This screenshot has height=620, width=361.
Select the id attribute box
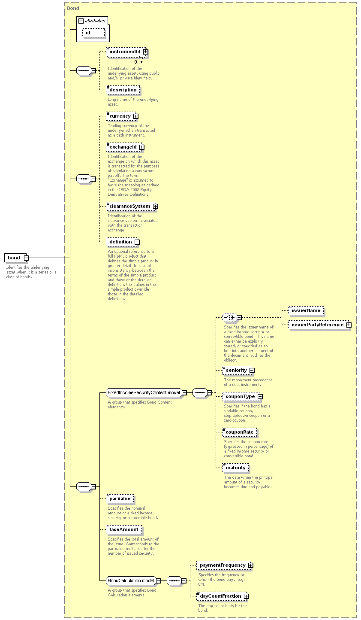coord(94,33)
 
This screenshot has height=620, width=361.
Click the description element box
coord(123,90)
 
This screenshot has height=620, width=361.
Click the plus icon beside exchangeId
coord(142,147)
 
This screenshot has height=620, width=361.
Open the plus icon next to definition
coord(137,242)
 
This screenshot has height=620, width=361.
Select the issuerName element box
coord(306,310)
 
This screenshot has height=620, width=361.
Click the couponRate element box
coord(240,432)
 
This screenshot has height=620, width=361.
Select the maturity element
coord(235,468)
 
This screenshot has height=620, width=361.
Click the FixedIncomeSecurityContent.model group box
coord(144,392)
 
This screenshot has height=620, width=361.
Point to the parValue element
coord(120,499)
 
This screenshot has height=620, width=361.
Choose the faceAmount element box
coord(124,529)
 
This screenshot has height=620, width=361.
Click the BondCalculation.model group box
coord(131,580)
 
